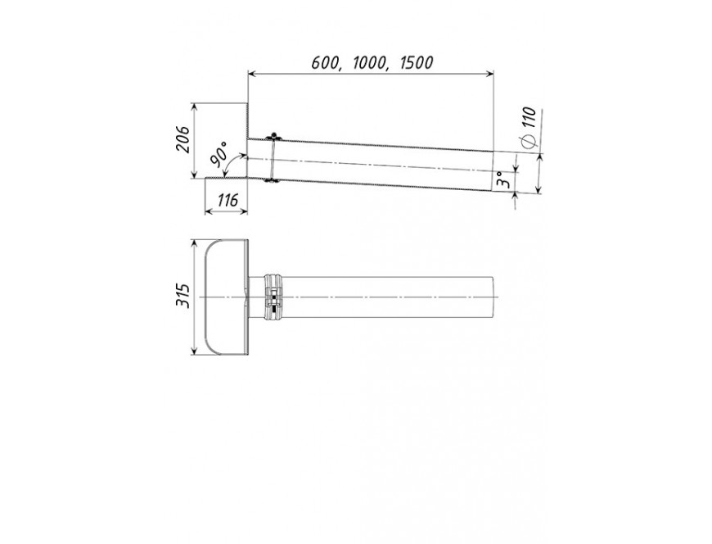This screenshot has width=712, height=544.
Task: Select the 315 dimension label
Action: (x=183, y=296)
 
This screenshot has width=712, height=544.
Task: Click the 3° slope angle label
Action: (x=502, y=180)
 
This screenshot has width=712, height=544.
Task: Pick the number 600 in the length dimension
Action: (x=325, y=63)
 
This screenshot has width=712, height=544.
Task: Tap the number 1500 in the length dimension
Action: (x=417, y=62)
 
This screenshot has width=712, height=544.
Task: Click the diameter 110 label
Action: (x=529, y=118)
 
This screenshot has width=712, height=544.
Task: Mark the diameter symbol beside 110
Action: (x=529, y=142)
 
